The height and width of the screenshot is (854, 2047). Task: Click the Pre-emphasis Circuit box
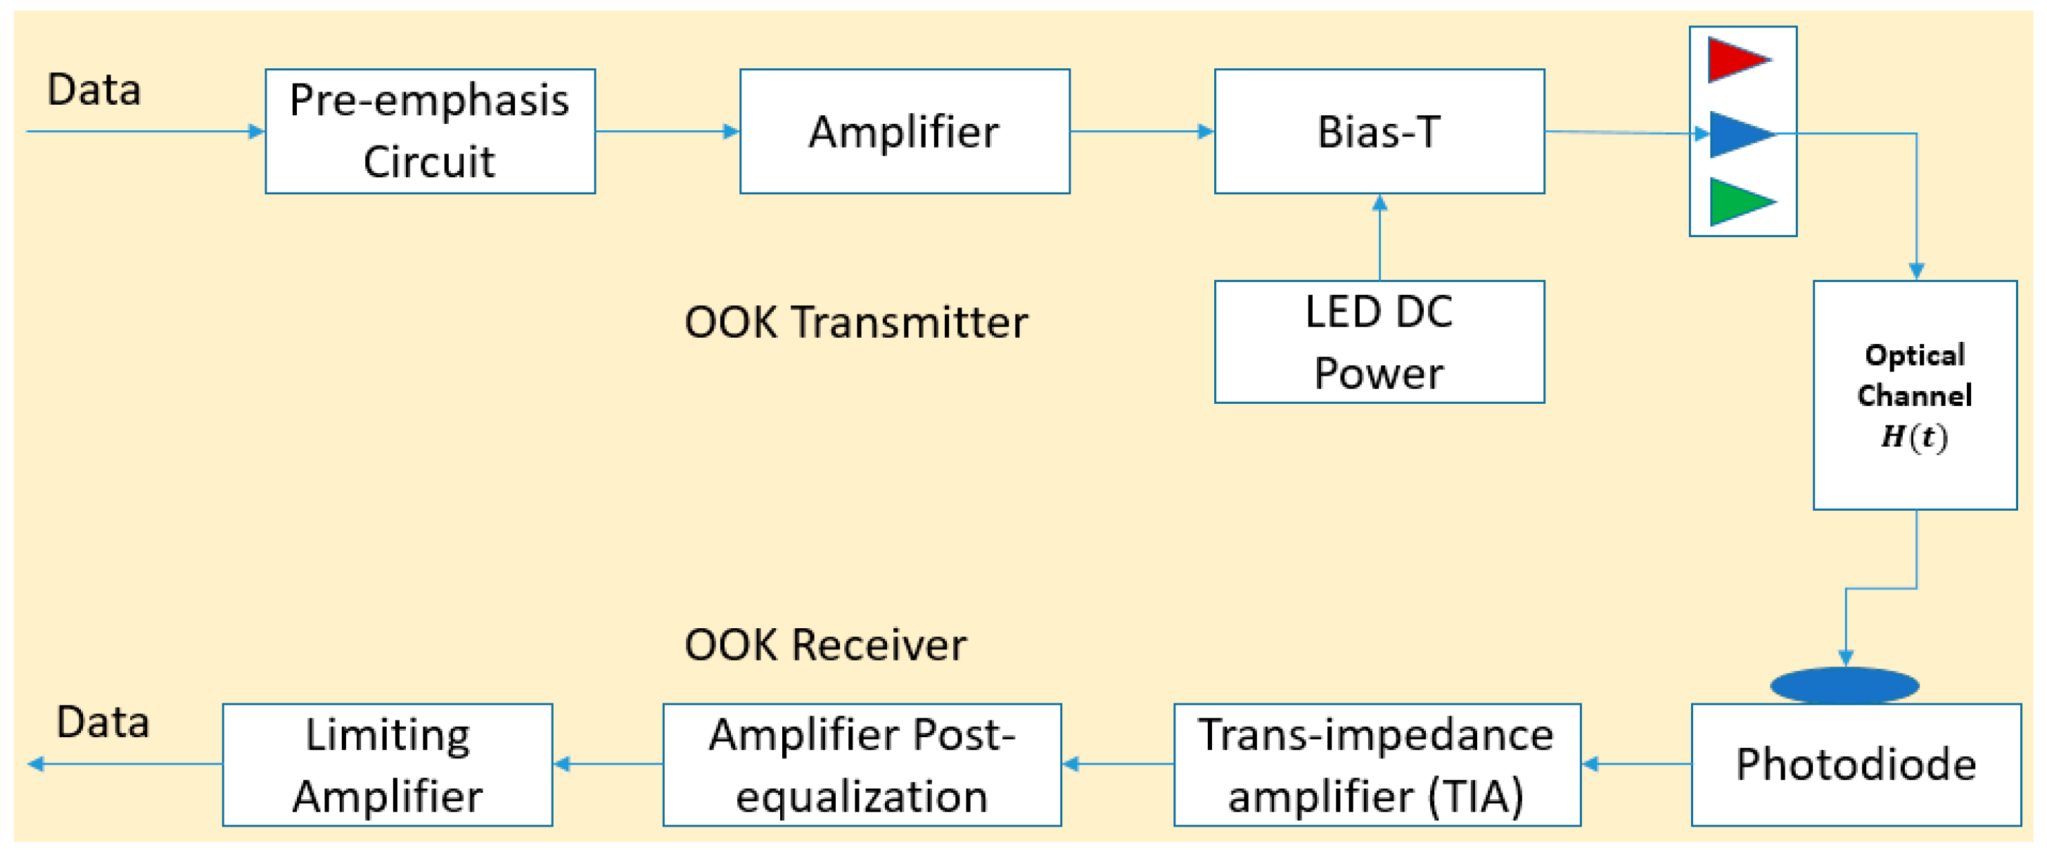(x=430, y=131)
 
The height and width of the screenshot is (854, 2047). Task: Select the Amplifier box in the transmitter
(x=905, y=131)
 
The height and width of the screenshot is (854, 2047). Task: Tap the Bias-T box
(x=1379, y=131)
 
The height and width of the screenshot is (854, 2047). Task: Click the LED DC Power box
(x=1379, y=342)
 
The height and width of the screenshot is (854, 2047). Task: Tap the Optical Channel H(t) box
(x=1914, y=395)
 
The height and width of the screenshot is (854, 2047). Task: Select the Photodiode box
(x=1856, y=764)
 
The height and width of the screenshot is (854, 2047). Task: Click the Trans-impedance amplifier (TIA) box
(x=1377, y=764)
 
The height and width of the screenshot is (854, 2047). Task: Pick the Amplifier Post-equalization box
(x=862, y=764)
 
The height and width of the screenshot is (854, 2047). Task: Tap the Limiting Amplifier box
(x=387, y=764)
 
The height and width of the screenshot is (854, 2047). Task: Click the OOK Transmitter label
(x=856, y=322)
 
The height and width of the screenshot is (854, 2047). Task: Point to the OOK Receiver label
(x=825, y=644)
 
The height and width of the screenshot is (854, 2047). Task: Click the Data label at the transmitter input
(x=94, y=89)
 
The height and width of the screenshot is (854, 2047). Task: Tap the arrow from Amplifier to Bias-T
(x=1141, y=131)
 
